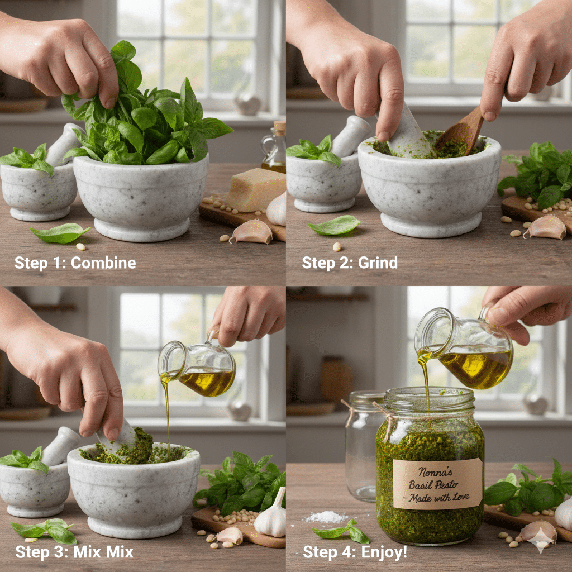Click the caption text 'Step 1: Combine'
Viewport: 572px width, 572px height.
(x=75, y=263)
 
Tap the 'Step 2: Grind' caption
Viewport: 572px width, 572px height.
(x=350, y=263)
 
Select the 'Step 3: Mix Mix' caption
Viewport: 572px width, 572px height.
(x=74, y=552)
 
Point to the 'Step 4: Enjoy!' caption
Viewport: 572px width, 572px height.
(x=355, y=552)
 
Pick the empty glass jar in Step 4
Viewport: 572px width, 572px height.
(x=363, y=447)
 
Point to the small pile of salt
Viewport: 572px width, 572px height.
(x=327, y=517)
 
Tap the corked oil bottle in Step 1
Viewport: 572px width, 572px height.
(x=274, y=148)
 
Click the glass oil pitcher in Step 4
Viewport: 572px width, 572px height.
(x=466, y=349)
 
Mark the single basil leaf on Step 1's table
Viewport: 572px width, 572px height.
(x=59, y=233)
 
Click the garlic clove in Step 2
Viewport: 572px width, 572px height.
(x=546, y=227)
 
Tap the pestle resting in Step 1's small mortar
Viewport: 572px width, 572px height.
(x=64, y=144)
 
